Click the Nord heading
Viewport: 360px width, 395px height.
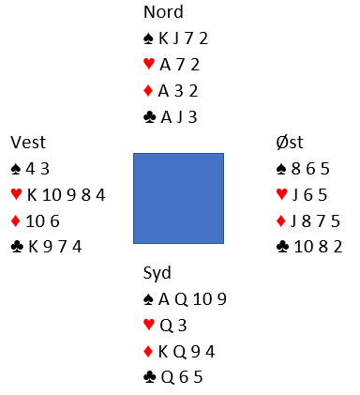click(163, 12)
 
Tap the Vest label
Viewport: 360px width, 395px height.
click(28, 143)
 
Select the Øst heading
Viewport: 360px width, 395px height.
click(290, 143)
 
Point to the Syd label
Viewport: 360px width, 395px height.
click(157, 273)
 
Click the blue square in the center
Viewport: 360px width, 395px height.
click(178, 198)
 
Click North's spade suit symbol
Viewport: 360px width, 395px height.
click(149, 38)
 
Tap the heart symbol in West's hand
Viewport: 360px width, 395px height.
click(16, 194)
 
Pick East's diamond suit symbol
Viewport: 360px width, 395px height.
click(281, 221)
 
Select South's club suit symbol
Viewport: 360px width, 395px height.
click(149, 377)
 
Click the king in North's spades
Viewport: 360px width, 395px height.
click(163, 38)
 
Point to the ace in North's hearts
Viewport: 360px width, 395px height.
click(165, 65)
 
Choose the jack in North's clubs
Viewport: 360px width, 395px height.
click(179, 117)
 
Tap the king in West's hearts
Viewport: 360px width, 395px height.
click(32, 195)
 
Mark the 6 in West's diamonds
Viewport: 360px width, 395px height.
click(55, 221)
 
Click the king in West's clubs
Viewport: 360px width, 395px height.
click(33, 247)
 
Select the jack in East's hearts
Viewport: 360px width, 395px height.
click(294, 195)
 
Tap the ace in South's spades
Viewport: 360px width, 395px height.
click(164, 299)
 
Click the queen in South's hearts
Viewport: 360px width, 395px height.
click(166, 326)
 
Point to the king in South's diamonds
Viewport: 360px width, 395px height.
click(163, 352)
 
